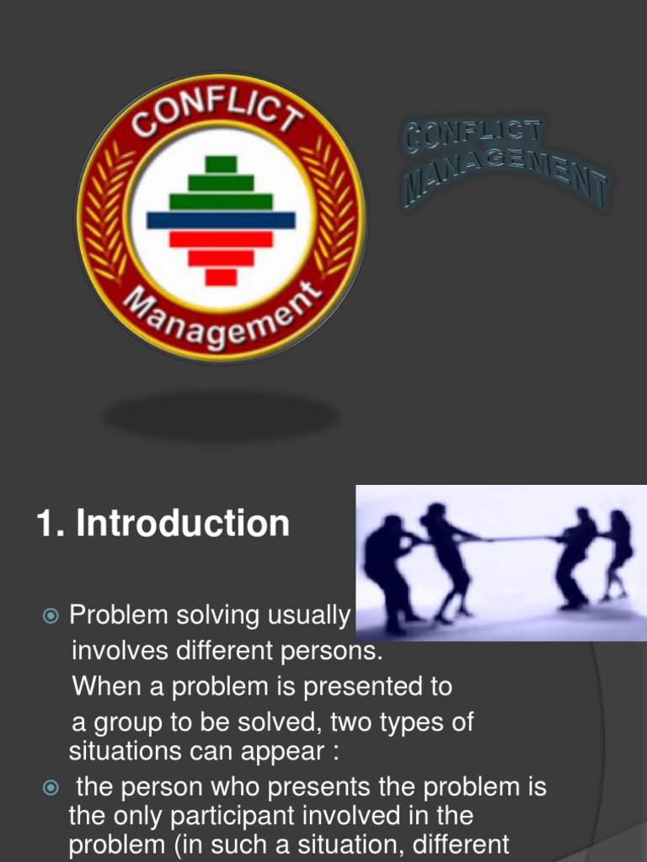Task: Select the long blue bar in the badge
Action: (x=221, y=221)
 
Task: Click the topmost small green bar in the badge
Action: (x=221, y=164)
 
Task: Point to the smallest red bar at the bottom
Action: (x=221, y=277)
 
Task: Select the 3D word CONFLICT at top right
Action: (x=472, y=135)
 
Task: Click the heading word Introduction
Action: (x=183, y=524)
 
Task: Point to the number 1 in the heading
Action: (x=45, y=524)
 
